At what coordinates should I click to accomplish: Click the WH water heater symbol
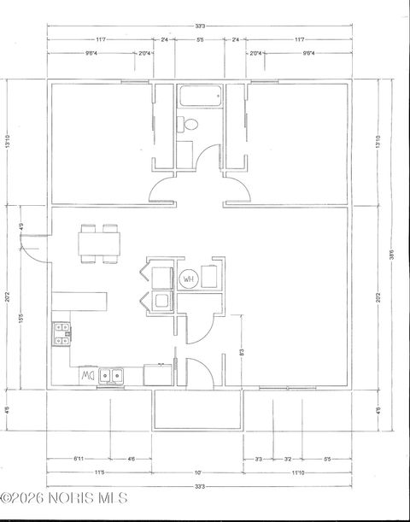[189, 277]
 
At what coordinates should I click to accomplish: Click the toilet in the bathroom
[190, 126]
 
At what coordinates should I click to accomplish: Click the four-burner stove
[61, 334]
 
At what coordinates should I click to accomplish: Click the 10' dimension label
[197, 472]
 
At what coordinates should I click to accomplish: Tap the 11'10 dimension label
[298, 472]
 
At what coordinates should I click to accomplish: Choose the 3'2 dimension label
[287, 459]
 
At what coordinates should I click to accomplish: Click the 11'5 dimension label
[99, 472]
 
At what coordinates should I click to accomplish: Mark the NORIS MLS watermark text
[64, 497]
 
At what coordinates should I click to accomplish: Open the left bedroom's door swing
[164, 191]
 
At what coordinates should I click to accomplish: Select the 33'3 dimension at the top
[199, 26]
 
